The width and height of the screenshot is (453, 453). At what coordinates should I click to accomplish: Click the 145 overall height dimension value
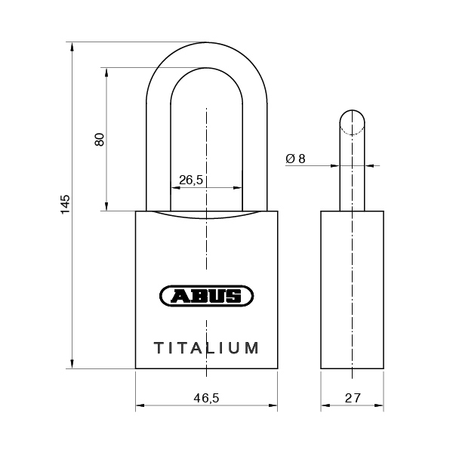point(65,205)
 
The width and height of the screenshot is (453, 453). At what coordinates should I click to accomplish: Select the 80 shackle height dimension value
point(100,140)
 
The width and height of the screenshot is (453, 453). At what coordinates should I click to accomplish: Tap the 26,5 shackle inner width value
point(191,180)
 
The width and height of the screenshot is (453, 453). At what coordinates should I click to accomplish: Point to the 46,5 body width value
point(206,398)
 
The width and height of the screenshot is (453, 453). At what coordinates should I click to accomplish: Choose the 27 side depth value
point(353,398)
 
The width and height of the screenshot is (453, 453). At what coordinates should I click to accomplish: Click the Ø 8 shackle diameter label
point(295,159)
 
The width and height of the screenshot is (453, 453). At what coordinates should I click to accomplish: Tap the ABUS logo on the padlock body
point(206,296)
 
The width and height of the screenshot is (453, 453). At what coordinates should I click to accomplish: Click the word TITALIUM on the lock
point(206,348)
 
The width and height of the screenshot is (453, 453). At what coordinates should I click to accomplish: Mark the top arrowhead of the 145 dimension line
point(72,47)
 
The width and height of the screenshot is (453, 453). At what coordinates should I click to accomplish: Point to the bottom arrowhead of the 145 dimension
point(72,364)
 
